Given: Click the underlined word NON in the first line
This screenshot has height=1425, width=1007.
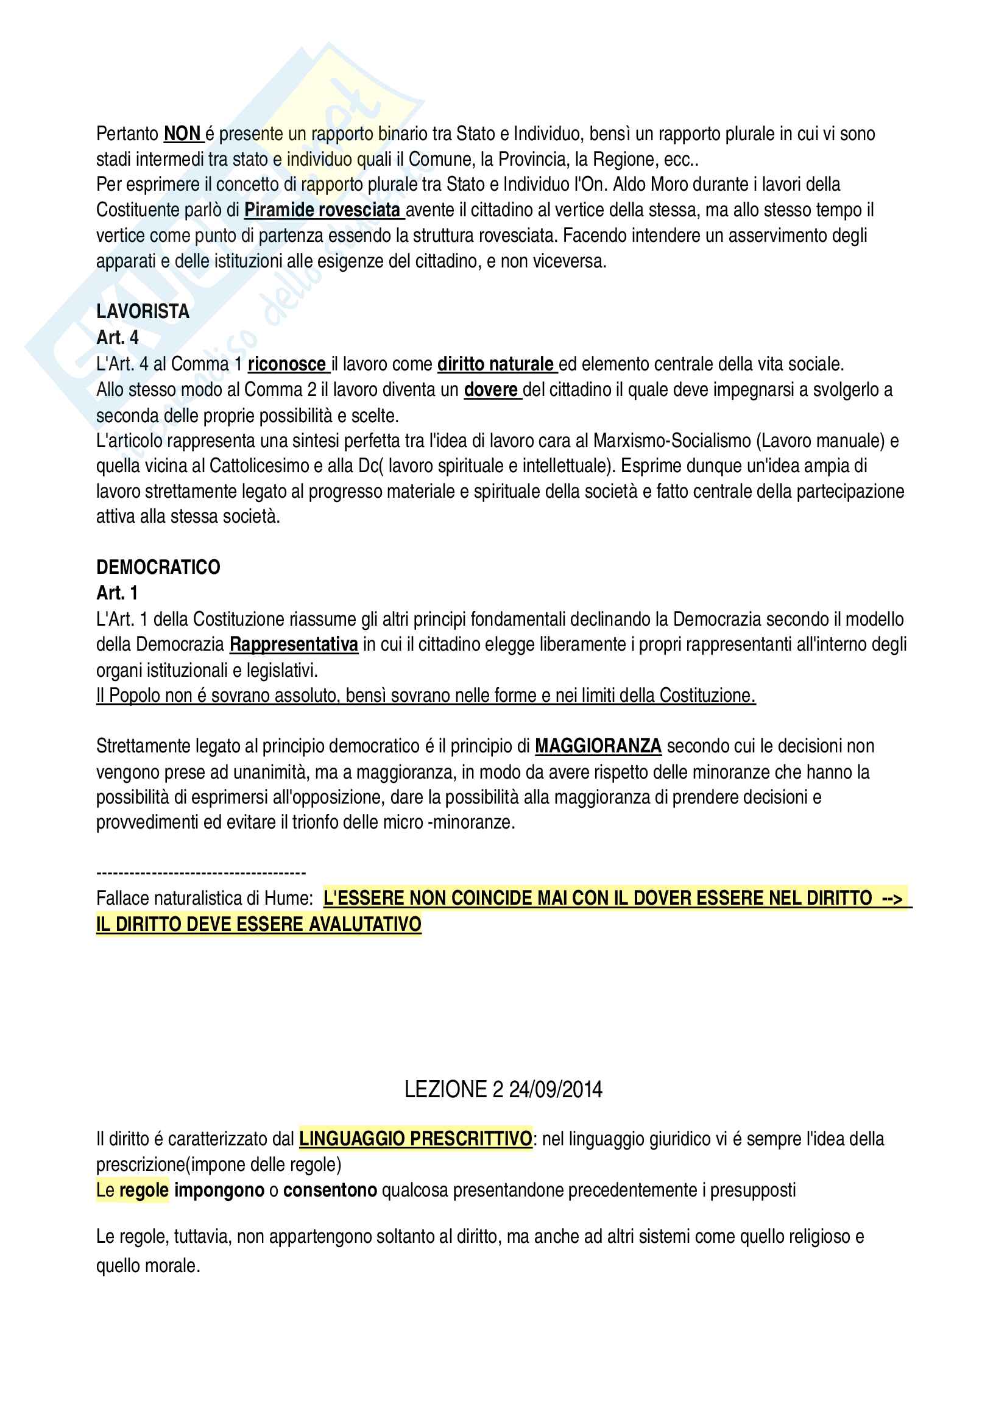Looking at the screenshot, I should pyautogui.click(x=182, y=134).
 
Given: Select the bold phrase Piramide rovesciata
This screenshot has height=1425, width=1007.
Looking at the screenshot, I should pyautogui.click(x=322, y=210).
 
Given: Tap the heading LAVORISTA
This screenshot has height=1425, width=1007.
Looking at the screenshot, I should pyautogui.click(x=143, y=311).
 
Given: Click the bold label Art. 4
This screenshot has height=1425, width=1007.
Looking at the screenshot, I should pyautogui.click(x=117, y=338).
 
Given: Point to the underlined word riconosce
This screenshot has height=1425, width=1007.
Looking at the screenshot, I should pyautogui.click(x=287, y=364).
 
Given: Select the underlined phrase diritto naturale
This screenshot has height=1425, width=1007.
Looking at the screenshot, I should pyautogui.click(x=495, y=364).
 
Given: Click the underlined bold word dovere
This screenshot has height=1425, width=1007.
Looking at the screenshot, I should pyautogui.click(x=491, y=390).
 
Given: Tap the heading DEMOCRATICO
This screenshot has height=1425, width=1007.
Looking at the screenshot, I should pyautogui.click(x=158, y=567).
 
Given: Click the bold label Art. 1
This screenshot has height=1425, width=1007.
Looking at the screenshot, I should pyautogui.click(x=116, y=593).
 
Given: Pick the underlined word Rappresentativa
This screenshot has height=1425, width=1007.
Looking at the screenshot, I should pyautogui.click(x=294, y=645).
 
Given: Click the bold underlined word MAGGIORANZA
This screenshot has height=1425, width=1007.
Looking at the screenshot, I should pyautogui.click(x=598, y=746).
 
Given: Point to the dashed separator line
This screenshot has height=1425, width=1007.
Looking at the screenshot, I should pyautogui.click(x=201, y=873).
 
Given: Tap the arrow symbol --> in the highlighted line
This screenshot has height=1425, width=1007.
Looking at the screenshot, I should pyautogui.click(x=892, y=899).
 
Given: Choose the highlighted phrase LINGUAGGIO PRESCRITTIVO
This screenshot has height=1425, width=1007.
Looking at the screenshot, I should pyautogui.click(x=415, y=1139).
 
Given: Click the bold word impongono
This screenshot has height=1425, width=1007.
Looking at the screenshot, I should pyautogui.click(x=220, y=1190).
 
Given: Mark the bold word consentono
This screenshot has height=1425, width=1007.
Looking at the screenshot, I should pyautogui.click(x=330, y=1190).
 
